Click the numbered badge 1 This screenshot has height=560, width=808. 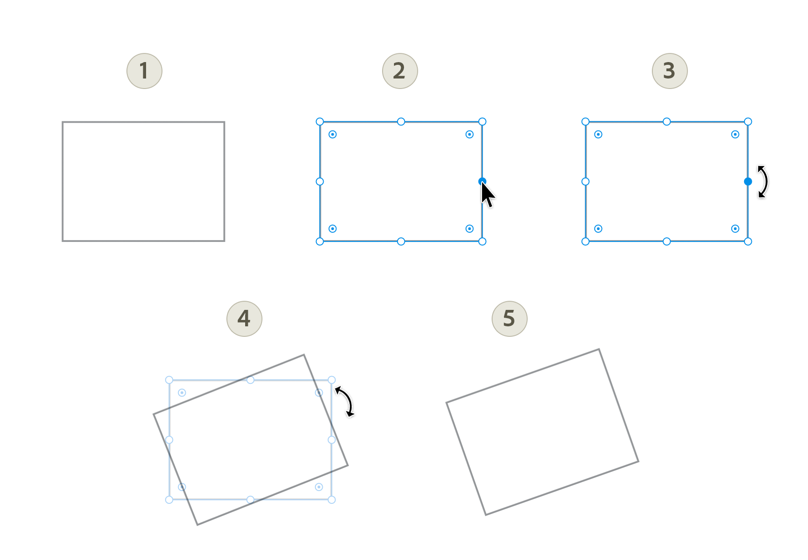click(144, 71)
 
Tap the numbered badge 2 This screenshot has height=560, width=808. click(400, 71)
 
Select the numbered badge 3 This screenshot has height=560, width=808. click(670, 71)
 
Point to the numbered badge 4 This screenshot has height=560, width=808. click(244, 319)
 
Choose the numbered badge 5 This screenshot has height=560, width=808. click(509, 319)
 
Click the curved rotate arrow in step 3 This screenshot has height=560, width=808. click(763, 182)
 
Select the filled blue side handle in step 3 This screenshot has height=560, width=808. click(748, 182)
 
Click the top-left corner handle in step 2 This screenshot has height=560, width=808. click(320, 121)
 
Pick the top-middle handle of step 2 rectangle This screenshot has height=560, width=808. click(401, 121)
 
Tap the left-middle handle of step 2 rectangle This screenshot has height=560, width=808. click(320, 182)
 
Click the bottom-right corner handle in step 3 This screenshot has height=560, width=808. click(748, 241)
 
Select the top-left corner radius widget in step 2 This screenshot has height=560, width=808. click(333, 134)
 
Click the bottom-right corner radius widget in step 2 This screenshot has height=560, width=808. click(469, 229)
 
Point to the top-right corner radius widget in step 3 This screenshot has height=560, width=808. click(735, 134)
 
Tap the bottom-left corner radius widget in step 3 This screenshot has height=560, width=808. click(598, 229)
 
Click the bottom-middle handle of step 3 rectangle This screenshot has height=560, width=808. click(666, 241)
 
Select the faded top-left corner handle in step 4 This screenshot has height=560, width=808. click(169, 380)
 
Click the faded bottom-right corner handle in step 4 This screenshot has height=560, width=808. click(332, 500)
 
